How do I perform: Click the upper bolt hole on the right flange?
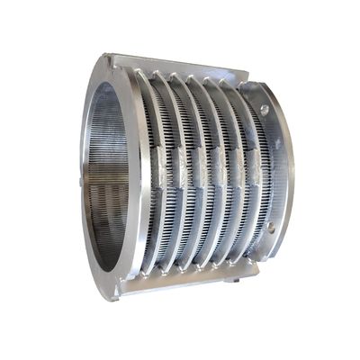[x=265, y=111]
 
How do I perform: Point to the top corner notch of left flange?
[x=109, y=58]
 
